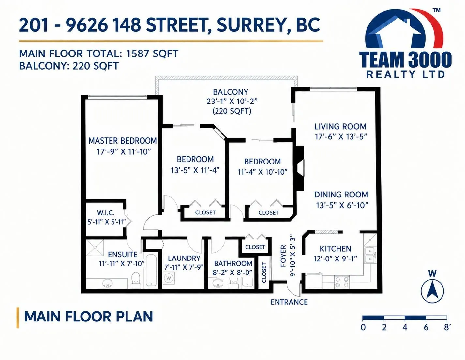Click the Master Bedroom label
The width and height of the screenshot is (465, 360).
pos(123,141)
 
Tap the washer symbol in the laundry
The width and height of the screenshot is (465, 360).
pos(169,278)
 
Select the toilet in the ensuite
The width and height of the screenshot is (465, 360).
pos(135,280)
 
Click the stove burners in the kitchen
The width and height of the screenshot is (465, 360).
pos(342,282)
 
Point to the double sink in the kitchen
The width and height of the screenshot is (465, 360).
pos(370,255)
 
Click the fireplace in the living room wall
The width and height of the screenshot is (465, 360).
pos(300,168)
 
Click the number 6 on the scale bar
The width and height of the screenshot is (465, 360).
pos(426,327)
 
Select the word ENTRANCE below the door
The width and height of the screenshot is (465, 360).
pos(289,302)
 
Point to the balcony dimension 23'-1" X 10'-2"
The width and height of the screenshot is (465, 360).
pos(232,101)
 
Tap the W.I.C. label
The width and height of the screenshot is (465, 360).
pos(106,213)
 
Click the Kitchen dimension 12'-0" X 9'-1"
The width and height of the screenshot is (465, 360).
pos(335,259)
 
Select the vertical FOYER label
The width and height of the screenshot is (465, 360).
pos(283,256)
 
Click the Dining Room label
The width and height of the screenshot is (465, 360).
pos(341,195)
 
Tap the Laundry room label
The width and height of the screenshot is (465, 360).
pos(184,258)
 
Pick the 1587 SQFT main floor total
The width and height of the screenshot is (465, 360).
pos(152,54)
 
